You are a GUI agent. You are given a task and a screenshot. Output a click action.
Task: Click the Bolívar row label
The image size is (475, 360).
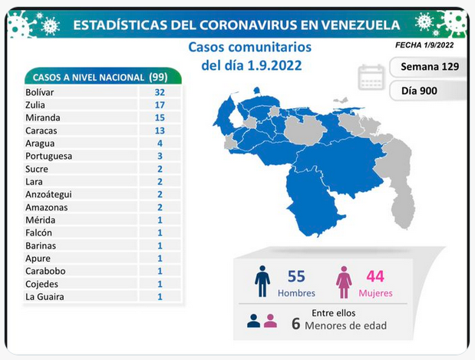[40, 92]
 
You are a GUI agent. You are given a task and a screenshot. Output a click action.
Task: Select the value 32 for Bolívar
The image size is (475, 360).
[160, 92]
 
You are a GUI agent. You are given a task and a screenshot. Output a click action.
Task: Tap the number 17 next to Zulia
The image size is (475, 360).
[160, 105]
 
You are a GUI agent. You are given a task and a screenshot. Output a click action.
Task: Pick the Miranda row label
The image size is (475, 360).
[43, 117]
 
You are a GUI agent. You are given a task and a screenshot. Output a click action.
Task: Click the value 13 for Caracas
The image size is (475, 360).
[160, 130]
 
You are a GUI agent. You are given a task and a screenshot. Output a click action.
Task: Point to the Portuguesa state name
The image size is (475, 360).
[49, 156]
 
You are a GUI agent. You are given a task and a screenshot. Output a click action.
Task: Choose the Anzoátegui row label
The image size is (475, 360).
[49, 194]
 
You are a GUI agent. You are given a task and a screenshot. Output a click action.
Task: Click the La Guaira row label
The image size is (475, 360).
[45, 296]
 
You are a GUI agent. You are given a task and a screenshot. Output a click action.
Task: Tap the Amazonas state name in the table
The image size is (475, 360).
[47, 207]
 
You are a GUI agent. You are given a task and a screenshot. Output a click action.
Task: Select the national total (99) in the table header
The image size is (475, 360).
[158, 77]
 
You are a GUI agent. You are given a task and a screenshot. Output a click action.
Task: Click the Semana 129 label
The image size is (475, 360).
[430, 67]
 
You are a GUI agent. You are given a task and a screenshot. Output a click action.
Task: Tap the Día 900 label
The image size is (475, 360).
[419, 91]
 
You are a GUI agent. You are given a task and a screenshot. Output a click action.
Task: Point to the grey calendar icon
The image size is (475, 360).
[371, 78]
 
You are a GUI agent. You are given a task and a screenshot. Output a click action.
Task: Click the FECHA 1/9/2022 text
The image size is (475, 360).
[424, 45]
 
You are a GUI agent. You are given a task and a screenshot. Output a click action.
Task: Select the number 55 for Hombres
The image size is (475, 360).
[296, 276]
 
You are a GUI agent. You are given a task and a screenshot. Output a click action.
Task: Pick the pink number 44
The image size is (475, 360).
[375, 276]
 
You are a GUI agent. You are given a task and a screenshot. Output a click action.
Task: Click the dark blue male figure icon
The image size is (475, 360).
[262, 282]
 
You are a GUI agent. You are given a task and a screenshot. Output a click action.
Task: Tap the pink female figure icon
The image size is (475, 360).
[344, 282]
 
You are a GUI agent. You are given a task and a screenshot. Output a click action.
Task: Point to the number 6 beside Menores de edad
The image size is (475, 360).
[296, 324]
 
